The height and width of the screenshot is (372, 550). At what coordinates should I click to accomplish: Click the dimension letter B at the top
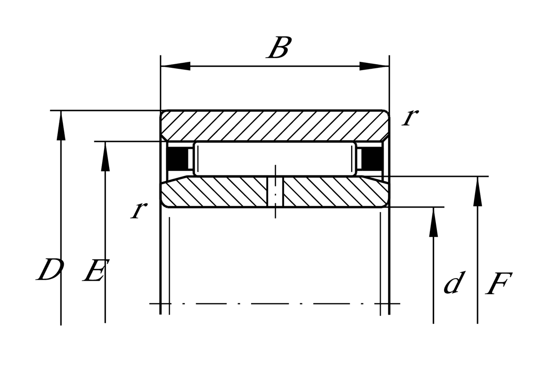[x=279, y=48]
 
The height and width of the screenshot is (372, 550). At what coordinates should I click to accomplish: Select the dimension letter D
[x=50, y=269]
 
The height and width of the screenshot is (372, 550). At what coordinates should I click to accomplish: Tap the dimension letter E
[x=96, y=270]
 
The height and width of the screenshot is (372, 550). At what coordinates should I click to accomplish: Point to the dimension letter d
[x=455, y=282]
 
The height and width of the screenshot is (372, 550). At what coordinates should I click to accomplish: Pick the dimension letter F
[x=499, y=284]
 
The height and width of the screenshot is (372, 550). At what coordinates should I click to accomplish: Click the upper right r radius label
[x=410, y=118]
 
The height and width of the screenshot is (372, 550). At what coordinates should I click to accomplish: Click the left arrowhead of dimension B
[x=176, y=66]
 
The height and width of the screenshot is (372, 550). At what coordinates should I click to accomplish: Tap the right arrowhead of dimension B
[x=374, y=66]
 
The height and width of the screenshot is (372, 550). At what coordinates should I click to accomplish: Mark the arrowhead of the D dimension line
[x=61, y=126]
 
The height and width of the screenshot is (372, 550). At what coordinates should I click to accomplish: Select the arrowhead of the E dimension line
[x=105, y=156]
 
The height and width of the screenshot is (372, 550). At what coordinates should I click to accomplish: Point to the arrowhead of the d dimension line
[x=434, y=222]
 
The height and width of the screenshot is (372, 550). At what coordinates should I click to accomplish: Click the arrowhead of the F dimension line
[x=478, y=191]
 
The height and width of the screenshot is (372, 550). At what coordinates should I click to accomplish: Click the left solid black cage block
[x=177, y=159]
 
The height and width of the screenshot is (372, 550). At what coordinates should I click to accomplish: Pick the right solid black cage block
[x=372, y=159]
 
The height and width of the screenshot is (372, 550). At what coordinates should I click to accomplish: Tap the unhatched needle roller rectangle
[x=275, y=159]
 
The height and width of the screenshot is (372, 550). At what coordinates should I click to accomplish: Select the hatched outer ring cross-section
[x=275, y=126]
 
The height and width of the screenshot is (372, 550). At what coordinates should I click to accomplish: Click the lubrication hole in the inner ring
[x=275, y=192]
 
